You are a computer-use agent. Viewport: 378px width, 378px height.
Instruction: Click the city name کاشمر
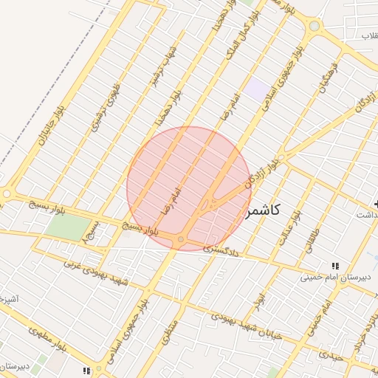point(261,211)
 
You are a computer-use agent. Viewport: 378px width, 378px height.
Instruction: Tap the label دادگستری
point(221,250)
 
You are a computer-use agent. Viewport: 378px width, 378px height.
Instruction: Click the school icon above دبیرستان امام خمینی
point(335,266)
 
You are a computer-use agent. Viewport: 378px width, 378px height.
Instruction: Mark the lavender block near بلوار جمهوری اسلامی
point(257,89)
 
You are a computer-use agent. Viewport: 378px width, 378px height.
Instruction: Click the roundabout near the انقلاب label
point(315,26)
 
